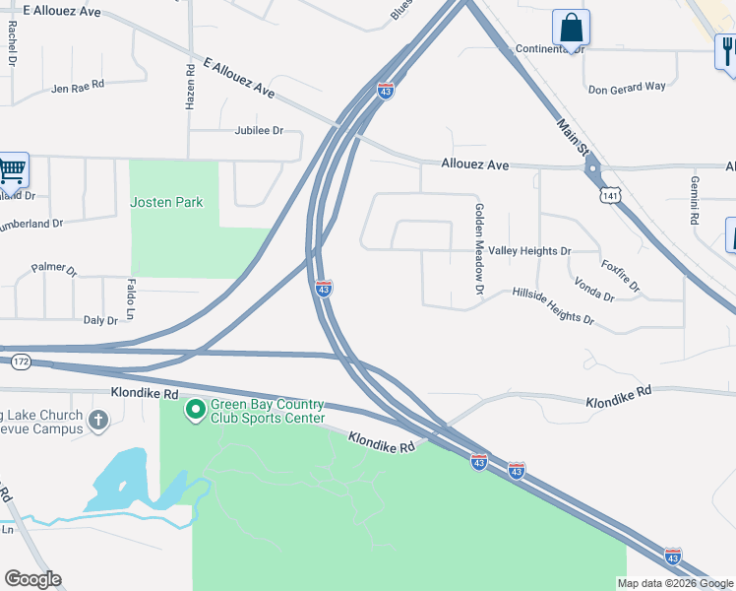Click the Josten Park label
click(x=167, y=202)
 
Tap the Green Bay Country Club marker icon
click(x=195, y=408)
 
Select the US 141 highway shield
click(x=612, y=198)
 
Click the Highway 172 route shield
click(x=20, y=362)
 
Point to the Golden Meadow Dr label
click(x=480, y=249)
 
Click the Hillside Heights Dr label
click(x=553, y=306)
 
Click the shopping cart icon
click(x=12, y=170)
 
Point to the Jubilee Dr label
click(x=259, y=130)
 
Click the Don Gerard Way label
click(x=627, y=87)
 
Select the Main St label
click(x=572, y=139)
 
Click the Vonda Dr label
click(x=594, y=290)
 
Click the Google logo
click(x=32, y=579)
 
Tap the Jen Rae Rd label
click(x=78, y=89)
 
